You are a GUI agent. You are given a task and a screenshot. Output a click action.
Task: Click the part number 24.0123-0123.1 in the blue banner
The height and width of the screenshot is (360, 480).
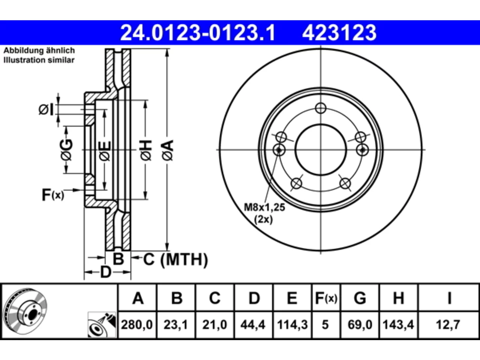tap(198, 33)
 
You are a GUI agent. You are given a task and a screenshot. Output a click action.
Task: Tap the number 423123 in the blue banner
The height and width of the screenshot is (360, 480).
tap(339, 33)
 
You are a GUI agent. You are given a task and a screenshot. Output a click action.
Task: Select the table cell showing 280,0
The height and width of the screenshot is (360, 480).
tap(137, 325)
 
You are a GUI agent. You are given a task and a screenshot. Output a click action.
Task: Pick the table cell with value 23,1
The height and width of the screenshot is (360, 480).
tap(176, 325)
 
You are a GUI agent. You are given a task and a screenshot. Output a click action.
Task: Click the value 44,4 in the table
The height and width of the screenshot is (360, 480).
tap(253, 325)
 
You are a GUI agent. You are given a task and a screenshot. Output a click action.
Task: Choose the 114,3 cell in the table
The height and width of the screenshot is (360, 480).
tap(292, 325)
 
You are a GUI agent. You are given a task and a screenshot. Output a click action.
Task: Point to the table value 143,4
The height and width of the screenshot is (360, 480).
tap(398, 325)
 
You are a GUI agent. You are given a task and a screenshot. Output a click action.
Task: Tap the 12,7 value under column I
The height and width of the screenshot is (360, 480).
tap(448, 325)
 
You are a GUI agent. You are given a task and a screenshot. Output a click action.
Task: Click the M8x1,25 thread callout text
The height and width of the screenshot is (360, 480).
tap(264, 207)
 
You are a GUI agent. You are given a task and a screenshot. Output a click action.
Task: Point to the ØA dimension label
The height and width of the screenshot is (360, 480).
tap(168, 151)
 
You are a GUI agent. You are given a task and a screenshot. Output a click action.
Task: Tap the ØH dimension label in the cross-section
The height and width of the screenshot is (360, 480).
tap(146, 151)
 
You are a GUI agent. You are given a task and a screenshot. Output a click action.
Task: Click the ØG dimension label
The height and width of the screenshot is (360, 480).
tap(66, 150)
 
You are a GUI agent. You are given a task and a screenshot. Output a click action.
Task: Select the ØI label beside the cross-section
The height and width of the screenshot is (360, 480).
tap(46, 109)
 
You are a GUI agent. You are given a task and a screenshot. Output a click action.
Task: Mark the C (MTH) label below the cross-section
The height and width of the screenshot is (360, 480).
tap(175, 259)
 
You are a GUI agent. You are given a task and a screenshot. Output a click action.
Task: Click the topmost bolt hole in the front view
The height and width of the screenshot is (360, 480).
tap(321, 108)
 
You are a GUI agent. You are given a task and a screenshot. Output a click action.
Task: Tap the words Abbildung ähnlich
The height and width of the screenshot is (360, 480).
tap(39, 51)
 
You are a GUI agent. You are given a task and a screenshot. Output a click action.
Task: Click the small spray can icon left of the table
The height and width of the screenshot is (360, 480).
tap(102, 325)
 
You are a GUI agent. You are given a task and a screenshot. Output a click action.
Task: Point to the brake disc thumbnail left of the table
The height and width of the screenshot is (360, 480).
tap(25, 312)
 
